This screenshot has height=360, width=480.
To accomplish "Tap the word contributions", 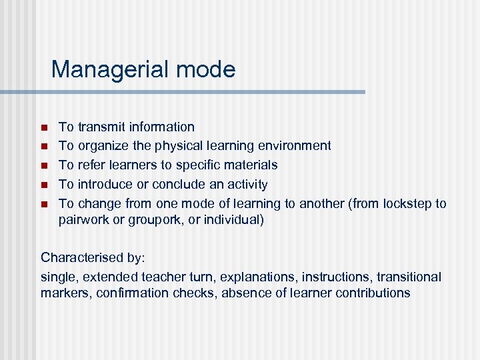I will click(x=373, y=293).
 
